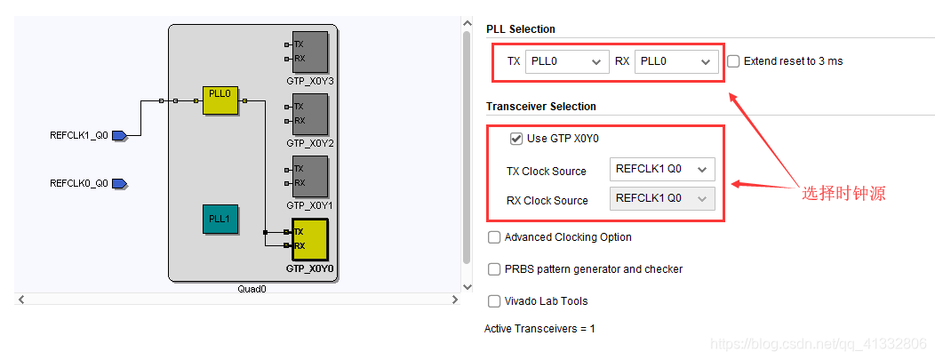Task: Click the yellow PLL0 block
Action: [220, 101]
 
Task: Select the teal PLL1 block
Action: [219, 219]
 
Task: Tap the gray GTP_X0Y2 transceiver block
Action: [309, 114]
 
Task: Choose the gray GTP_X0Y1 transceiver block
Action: [309, 176]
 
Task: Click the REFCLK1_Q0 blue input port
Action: [119, 136]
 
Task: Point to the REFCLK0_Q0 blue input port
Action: [119, 184]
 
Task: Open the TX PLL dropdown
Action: [566, 61]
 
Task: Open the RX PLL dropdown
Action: [676, 61]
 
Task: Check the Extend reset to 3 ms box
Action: [733, 61]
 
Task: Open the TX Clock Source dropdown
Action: [662, 170]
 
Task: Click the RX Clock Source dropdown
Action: [662, 199]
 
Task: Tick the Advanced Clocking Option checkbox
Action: [494, 237]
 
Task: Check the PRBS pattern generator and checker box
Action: [494, 269]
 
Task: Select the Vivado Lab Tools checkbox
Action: [494, 301]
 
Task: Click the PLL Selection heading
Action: [521, 29]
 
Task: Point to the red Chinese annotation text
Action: [843, 193]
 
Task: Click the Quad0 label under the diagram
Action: [252, 289]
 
